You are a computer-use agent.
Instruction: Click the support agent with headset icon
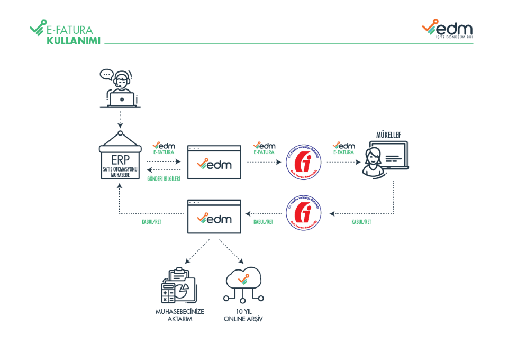coord(121,89)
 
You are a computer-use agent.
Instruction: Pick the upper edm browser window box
coord(214,162)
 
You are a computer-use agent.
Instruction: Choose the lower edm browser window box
coord(214,216)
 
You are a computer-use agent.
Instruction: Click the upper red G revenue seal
coord(304,163)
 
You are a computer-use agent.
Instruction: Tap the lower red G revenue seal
coord(304,213)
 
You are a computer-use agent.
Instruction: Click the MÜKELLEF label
coord(388,135)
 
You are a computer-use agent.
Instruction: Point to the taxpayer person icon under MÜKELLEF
coord(374,161)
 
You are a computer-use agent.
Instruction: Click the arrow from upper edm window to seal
coord(265,163)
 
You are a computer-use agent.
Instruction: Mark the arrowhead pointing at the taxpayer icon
coord(358,163)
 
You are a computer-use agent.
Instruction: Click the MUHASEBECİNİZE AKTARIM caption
coord(179,315)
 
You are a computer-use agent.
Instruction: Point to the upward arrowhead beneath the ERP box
coord(120,187)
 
